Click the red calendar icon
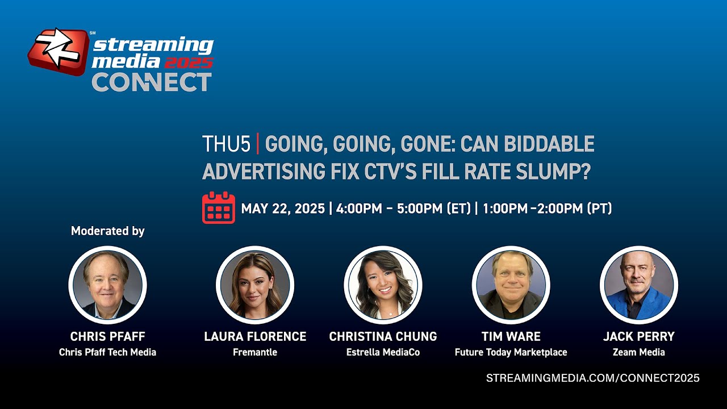point(219,208)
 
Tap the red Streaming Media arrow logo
point(59,51)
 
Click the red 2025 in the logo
point(189,62)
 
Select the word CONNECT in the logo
point(152,82)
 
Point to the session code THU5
point(227,144)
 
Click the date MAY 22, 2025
point(283,208)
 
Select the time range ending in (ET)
point(403,208)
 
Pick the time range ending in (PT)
point(547,208)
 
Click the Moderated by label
point(108,231)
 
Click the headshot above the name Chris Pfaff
point(107,285)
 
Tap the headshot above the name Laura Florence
point(255,285)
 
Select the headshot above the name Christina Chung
point(383,285)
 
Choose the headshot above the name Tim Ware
point(511,285)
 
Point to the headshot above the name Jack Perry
point(639,285)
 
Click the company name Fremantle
point(255,352)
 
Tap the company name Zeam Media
point(639,352)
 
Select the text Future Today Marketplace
point(511,352)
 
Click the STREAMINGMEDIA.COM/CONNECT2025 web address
point(592,378)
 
